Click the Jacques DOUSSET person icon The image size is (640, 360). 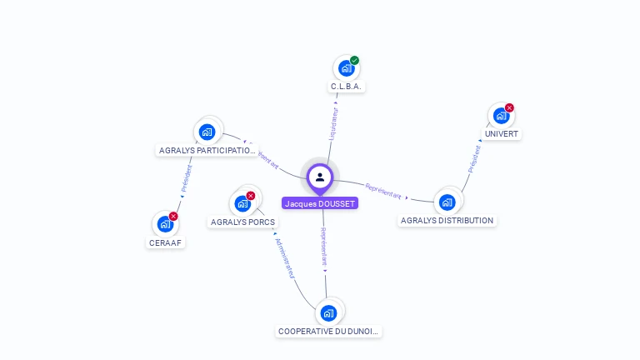pyautogui.click(x=320, y=177)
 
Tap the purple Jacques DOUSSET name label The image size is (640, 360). pyautogui.click(x=320, y=203)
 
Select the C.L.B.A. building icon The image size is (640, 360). pyautogui.click(x=346, y=68)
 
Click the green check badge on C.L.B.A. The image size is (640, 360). pyautogui.click(x=354, y=60)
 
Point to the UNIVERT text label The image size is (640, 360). pyautogui.click(x=501, y=133)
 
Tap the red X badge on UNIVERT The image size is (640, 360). pyautogui.click(x=509, y=107)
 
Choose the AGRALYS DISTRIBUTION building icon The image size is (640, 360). pyautogui.click(x=447, y=202)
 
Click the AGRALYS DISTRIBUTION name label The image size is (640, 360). pyautogui.click(x=447, y=221)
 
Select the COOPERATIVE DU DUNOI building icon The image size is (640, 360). pyautogui.click(x=328, y=313)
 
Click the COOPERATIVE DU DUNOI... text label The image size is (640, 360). pyautogui.click(x=328, y=332)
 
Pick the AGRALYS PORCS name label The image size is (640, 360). pyautogui.click(x=242, y=222)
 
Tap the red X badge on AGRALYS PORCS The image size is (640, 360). pyautogui.click(x=251, y=196)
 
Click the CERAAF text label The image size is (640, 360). pyautogui.click(x=166, y=242)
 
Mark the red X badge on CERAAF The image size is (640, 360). pyautogui.click(x=173, y=217)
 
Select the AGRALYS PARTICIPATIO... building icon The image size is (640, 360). pyautogui.click(x=207, y=132)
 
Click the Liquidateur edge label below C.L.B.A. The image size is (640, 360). pyautogui.click(x=335, y=122)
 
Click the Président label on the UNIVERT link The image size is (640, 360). pyautogui.click(x=474, y=159)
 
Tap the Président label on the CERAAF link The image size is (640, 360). pyautogui.click(x=187, y=178)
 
